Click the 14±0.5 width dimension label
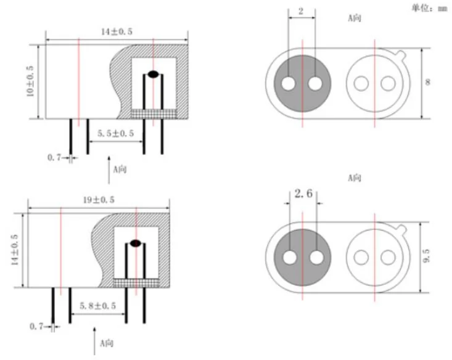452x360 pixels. pyautogui.click(x=115, y=32)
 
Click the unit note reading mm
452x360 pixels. pyautogui.click(x=428, y=9)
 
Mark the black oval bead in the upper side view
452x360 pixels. pyautogui.click(x=153, y=74)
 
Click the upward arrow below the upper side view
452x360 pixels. pyautogui.click(x=110, y=174)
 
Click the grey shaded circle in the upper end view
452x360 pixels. pyautogui.click(x=302, y=83)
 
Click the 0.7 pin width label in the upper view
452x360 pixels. pyautogui.click(x=54, y=158)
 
